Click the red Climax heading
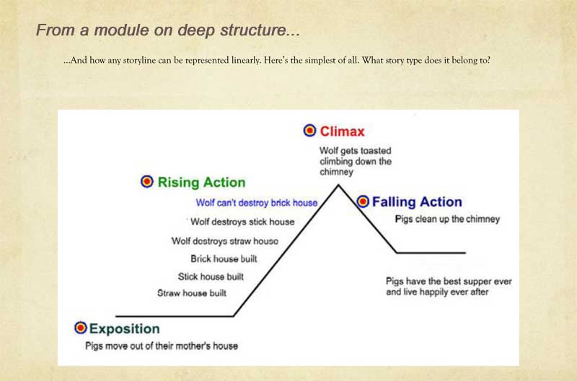(342, 131)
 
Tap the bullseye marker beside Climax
(310, 131)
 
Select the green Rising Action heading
(201, 183)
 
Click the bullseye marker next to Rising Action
(147, 182)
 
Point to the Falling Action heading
(417, 202)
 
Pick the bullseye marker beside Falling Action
(363, 201)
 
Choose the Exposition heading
(124, 329)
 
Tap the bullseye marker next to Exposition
(81, 328)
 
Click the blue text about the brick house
(257, 203)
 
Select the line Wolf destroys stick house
(242, 222)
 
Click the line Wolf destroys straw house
(225, 241)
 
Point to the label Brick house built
(224, 259)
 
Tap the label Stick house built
(211, 276)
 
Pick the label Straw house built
(192, 293)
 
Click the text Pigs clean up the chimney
(447, 219)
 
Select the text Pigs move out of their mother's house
(162, 346)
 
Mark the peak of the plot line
(338, 185)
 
